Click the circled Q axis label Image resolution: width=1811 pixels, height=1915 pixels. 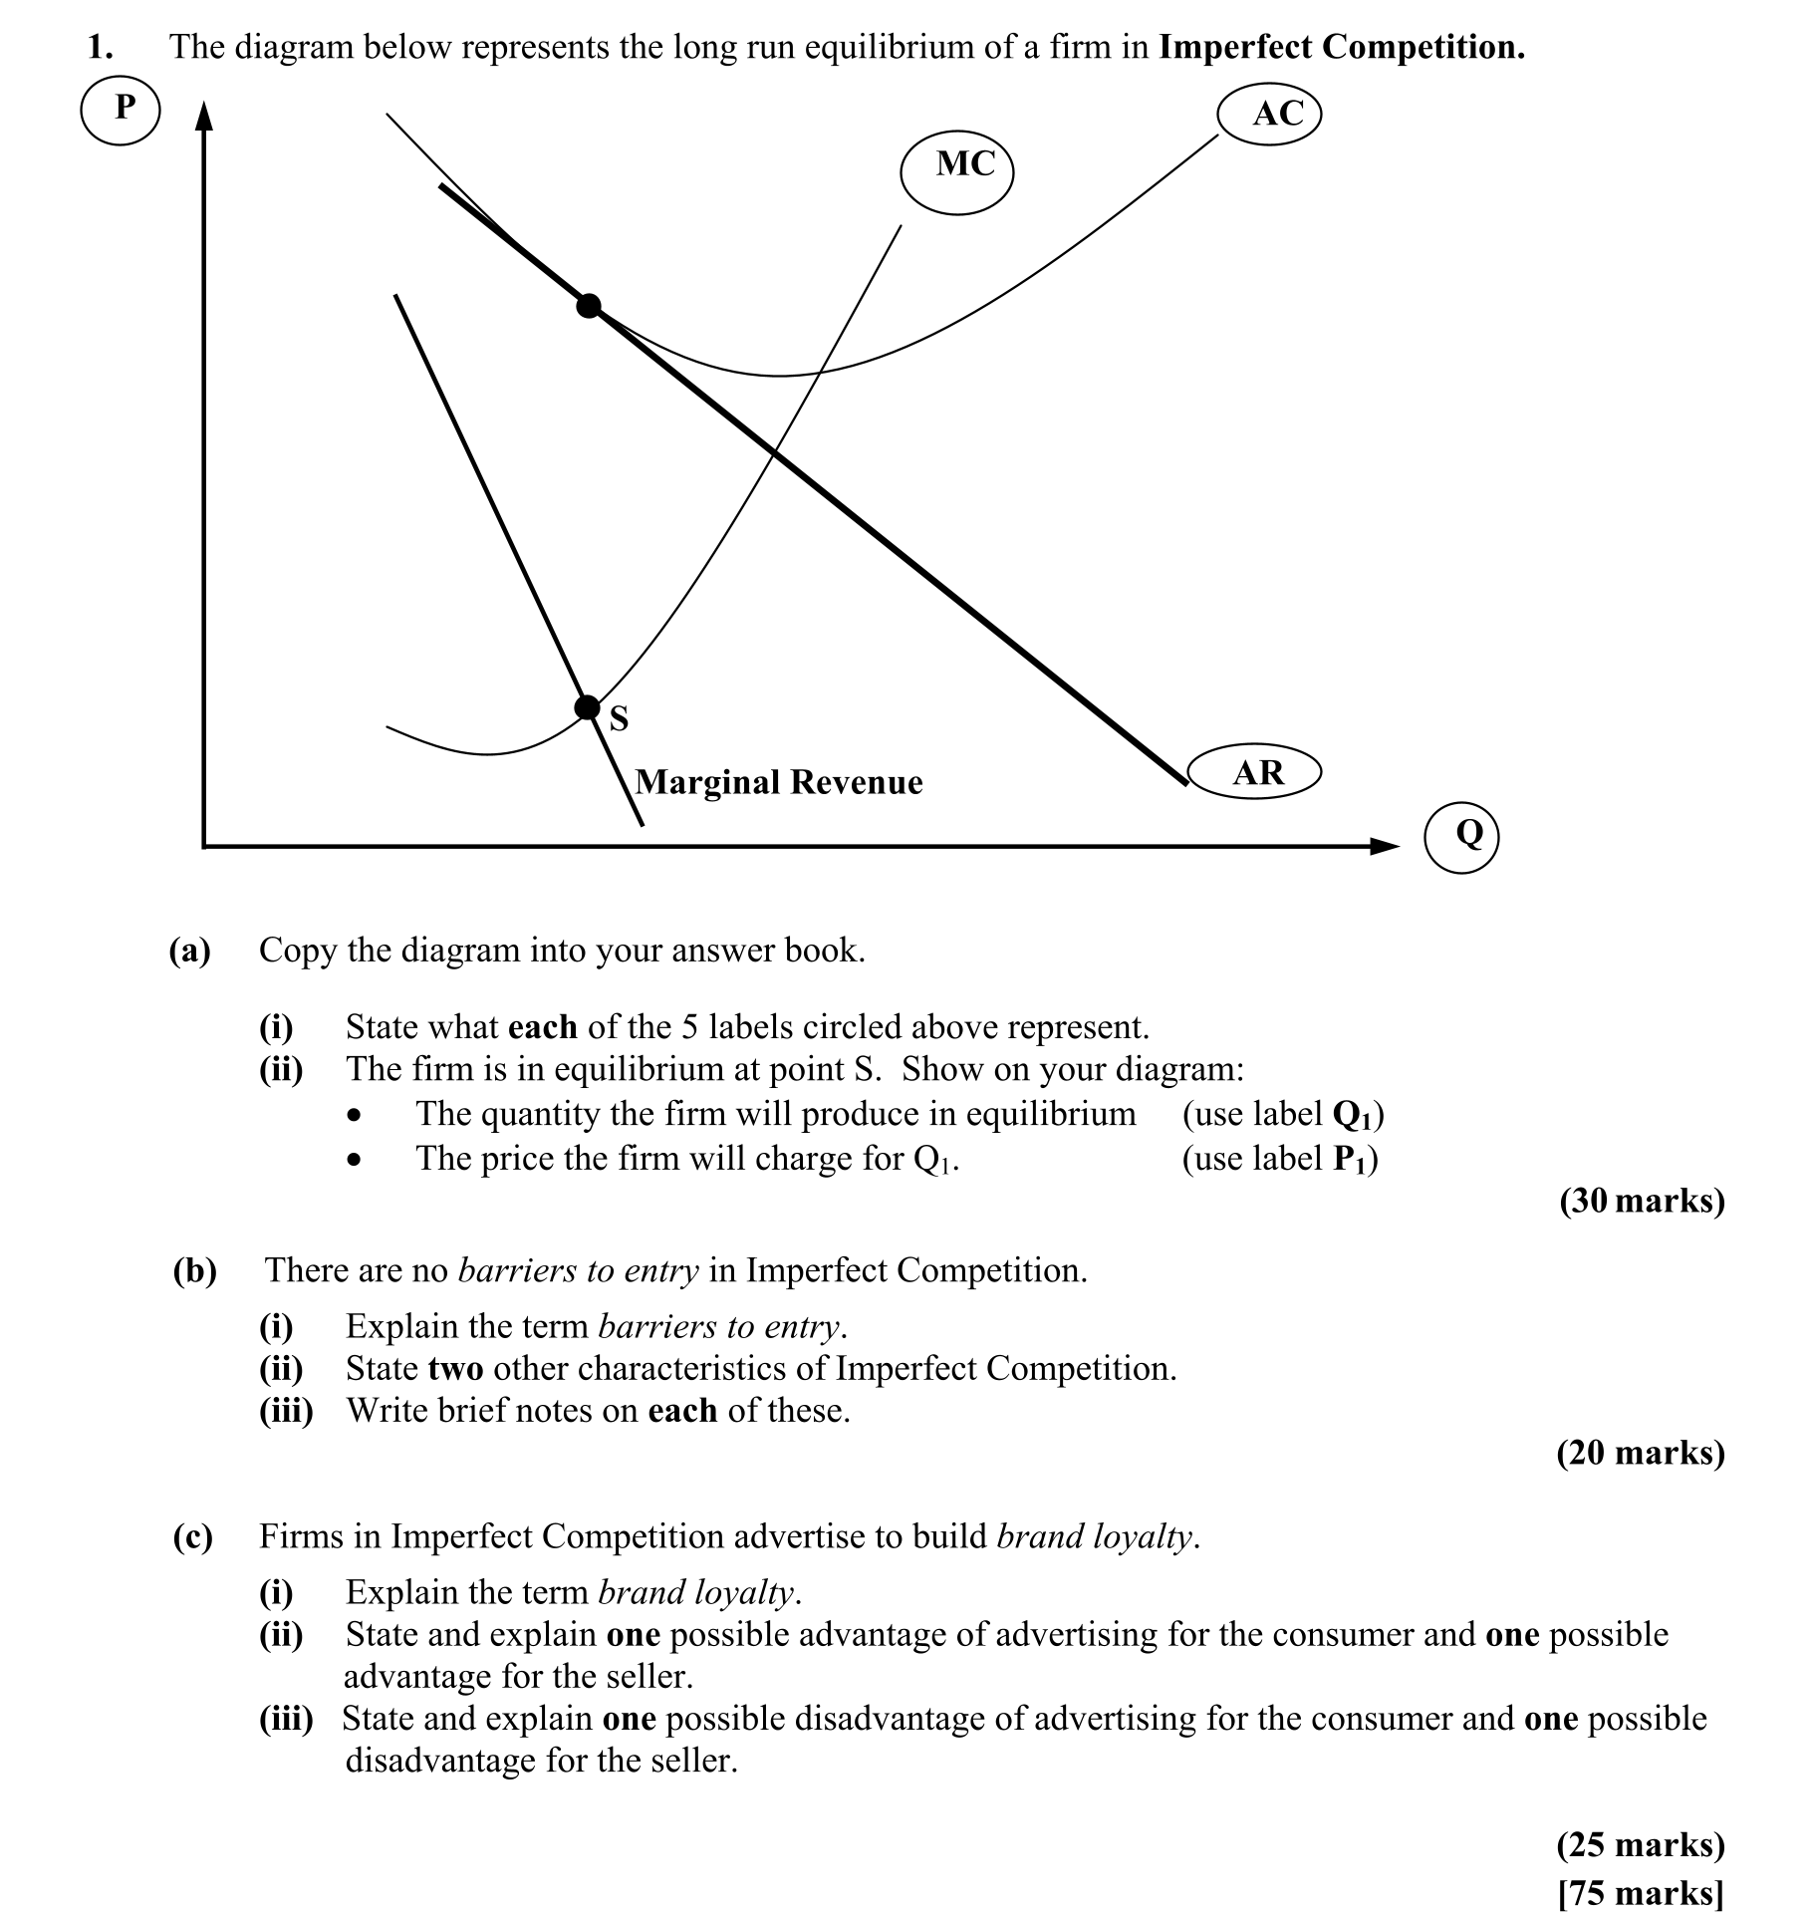(1461, 834)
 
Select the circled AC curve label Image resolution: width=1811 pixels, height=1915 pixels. (1270, 114)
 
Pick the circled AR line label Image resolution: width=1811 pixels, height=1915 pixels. (1255, 773)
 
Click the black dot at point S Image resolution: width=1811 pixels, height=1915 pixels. (588, 707)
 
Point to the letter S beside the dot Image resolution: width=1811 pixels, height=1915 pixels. (620, 718)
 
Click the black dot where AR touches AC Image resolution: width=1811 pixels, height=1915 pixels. (589, 306)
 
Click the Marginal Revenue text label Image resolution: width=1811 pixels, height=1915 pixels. (779, 782)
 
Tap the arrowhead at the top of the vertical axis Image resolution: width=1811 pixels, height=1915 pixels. (204, 118)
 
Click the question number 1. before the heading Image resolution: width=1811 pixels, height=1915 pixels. (100, 48)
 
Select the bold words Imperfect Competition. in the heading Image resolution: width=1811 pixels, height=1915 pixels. (1342, 48)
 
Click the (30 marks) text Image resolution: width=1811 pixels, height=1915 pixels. (1641, 1201)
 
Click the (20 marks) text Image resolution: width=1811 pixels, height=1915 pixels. (1641, 1453)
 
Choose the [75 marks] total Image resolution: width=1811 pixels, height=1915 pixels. (1641, 1891)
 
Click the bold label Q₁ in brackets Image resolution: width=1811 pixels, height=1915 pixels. (1355, 1115)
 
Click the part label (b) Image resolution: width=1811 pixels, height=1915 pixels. (194, 1270)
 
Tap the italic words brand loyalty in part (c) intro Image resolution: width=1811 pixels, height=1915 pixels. (1093, 1536)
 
